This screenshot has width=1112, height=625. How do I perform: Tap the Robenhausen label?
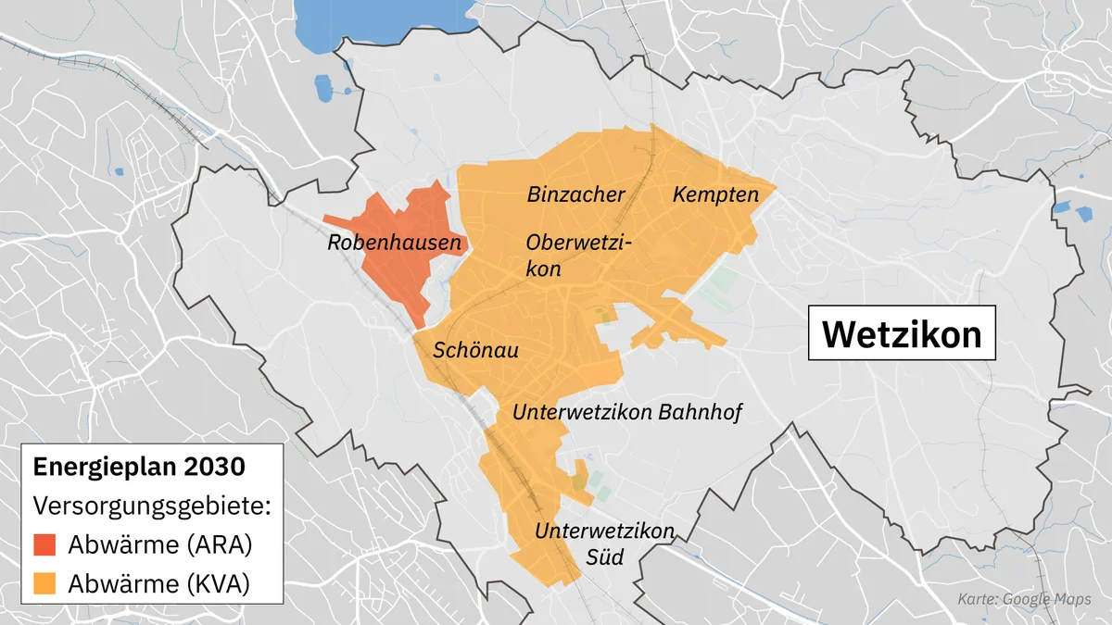(x=395, y=244)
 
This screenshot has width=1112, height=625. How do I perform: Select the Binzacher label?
(x=575, y=194)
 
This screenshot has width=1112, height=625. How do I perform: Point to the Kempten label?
(x=715, y=194)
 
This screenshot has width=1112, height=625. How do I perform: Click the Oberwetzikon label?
(x=578, y=256)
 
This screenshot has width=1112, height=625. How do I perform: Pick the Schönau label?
(x=475, y=350)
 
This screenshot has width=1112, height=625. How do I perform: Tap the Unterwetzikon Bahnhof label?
(x=627, y=412)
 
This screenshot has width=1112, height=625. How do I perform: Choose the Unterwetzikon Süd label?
(x=603, y=544)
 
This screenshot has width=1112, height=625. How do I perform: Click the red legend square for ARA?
(x=45, y=544)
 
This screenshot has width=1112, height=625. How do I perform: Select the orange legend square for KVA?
(x=45, y=583)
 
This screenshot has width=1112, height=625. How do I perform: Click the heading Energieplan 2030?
(x=139, y=467)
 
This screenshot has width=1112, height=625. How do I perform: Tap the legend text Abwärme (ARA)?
(x=159, y=544)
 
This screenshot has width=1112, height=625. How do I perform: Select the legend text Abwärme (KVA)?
(x=159, y=583)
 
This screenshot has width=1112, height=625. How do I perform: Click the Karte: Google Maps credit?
(x=1024, y=600)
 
